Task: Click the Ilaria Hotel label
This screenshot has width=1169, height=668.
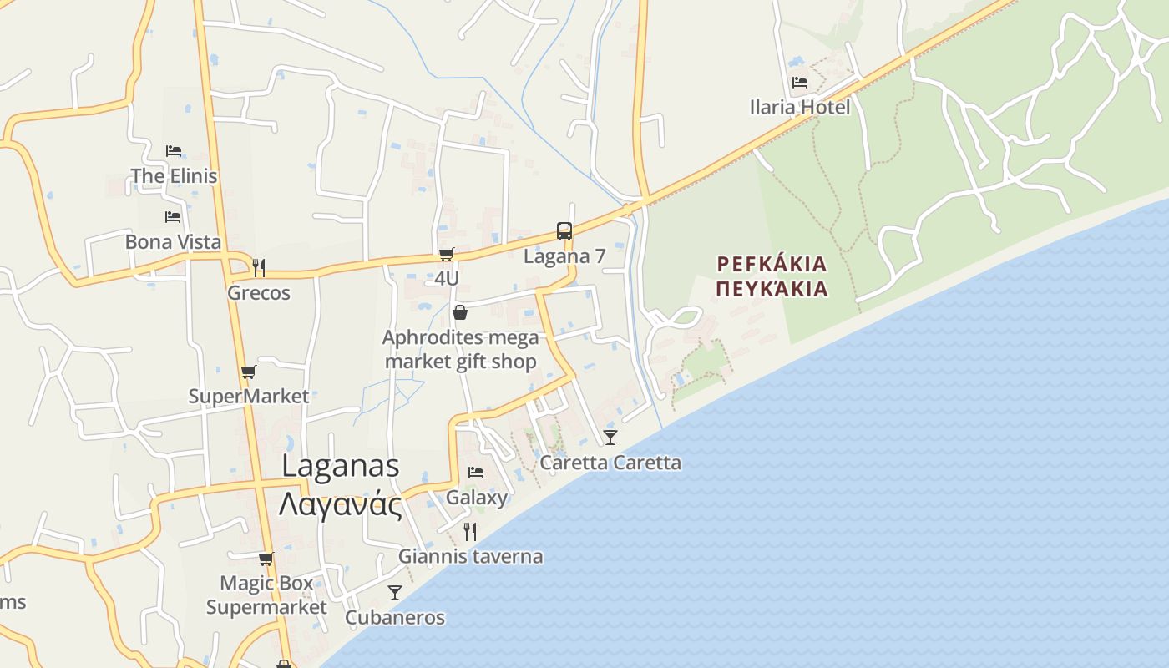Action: (799, 107)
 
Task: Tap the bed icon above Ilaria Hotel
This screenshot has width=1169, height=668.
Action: (799, 83)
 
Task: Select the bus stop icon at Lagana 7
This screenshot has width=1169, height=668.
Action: (564, 231)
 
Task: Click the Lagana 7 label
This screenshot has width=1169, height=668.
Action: (564, 256)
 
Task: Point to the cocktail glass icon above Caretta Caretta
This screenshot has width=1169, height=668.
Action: (610, 437)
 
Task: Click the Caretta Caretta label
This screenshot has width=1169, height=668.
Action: (610, 463)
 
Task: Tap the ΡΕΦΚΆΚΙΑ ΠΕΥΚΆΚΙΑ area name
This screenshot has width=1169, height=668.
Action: (772, 276)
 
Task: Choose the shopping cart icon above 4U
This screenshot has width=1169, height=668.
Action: (447, 254)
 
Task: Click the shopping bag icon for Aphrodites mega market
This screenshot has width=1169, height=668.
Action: (459, 313)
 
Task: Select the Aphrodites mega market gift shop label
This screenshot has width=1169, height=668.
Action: (460, 350)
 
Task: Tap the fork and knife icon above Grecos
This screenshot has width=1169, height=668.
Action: (259, 268)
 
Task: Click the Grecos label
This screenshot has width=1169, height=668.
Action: (259, 293)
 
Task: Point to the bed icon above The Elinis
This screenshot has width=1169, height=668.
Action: (174, 151)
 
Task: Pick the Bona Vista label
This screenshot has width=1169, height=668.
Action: (173, 242)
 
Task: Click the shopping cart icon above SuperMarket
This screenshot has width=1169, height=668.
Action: (248, 372)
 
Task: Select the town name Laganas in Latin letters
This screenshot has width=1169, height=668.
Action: (340, 466)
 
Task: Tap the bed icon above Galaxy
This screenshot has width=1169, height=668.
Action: (476, 473)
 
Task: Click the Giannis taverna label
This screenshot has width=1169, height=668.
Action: (470, 556)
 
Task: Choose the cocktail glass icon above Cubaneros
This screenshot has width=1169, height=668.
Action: (395, 592)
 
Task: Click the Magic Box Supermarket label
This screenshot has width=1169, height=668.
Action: (266, 595)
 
